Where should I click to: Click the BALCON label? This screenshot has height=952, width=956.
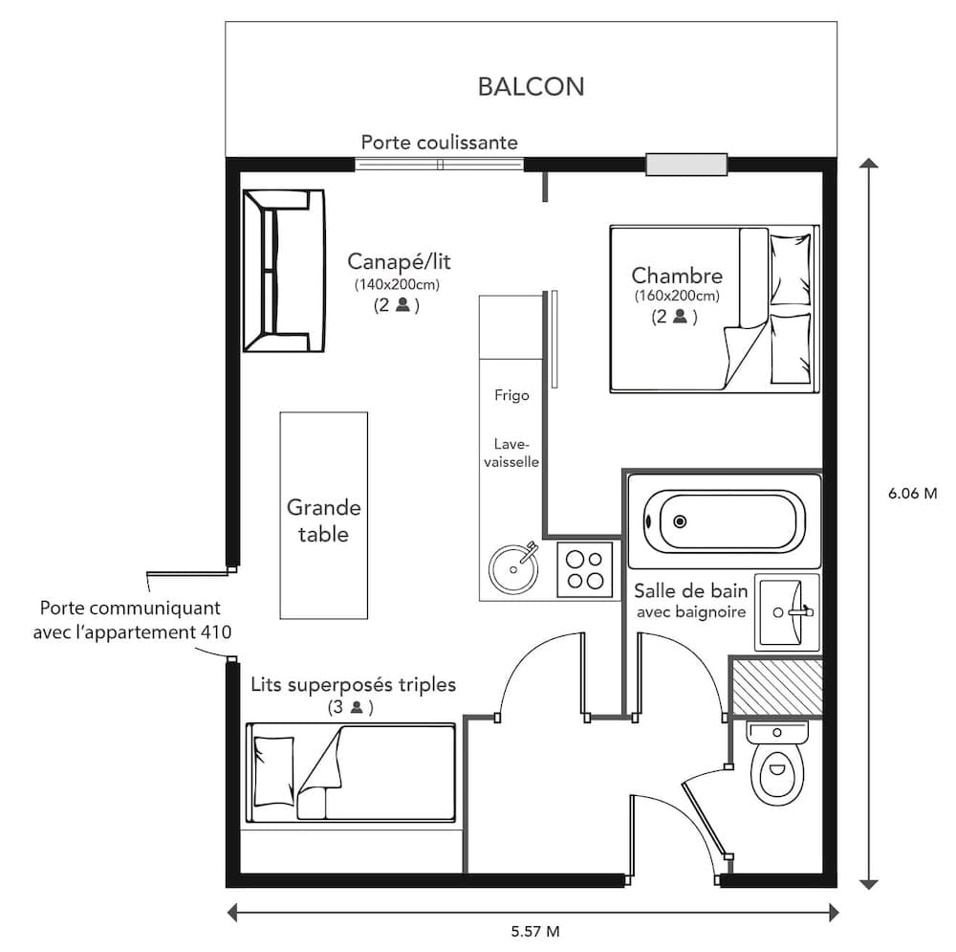click(x=531, y=87)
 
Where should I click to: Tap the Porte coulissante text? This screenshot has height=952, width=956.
click(x=439, y=143)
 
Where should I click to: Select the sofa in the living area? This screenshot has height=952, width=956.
click(x=282, y=271)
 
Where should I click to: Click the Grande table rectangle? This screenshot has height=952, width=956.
click(x=323, y=515)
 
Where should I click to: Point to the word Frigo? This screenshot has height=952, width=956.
click(x=511, y=395)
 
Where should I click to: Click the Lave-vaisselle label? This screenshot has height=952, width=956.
click(x=516, y=453)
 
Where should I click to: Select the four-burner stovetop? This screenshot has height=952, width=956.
click(x=585, y=569)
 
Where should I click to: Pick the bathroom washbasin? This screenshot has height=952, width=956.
click(x=787, y=612)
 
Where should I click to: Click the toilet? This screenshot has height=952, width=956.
click(x=777, y=765)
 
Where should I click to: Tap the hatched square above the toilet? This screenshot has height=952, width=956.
click(x=775, y=686)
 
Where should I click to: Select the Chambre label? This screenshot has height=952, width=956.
click(x=677, y=277)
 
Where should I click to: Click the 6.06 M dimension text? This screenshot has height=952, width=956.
click(x=913, y=494)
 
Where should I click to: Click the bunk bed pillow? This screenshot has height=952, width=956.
click(x=274, y=770)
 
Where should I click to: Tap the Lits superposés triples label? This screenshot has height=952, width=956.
click(x=353, y=685)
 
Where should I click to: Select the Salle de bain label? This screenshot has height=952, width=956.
click(x=689, y=590)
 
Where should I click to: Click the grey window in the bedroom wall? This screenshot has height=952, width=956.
click(x=685, y=165)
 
